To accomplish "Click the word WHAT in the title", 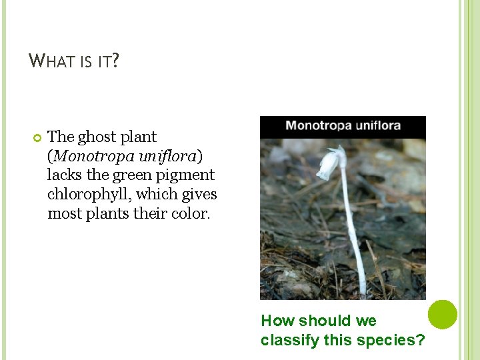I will tap(52, 61).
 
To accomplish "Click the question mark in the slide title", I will tap(115, 61).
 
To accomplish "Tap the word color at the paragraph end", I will tap(192, 214).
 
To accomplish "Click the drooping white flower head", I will tap(329, 165).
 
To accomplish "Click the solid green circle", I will tap(442, 314).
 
